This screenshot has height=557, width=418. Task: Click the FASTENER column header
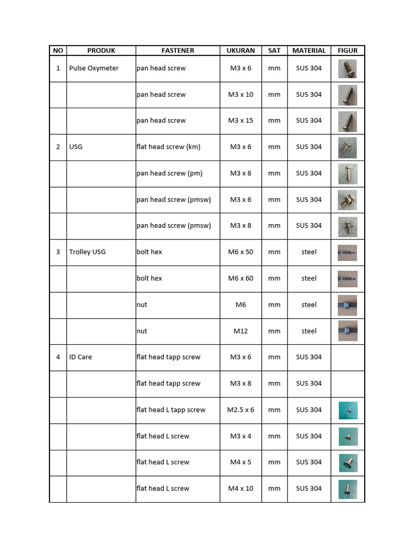[x=177, y=51]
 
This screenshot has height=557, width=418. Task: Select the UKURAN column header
[x=241, y=51]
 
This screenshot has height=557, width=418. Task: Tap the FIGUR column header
[x=348, y=51]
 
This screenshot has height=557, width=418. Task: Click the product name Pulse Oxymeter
[x=94, y=69]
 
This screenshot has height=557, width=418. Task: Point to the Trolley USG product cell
[x=87, y=252]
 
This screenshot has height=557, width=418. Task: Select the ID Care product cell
[x=81, y=357]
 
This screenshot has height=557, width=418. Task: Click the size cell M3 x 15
[x=241, y=121]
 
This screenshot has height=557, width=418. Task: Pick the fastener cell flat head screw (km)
[x=168, y=147]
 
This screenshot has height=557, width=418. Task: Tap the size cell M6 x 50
[x=241, y=252]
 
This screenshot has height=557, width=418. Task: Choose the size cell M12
[x=241, y=331]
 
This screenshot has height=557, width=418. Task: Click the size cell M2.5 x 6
[x=241, y=410]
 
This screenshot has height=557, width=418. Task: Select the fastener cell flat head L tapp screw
[x=171, y=410]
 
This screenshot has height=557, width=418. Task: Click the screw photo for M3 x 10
[x=347, y=95]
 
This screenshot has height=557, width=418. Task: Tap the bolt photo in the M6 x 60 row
[x=347, y=278]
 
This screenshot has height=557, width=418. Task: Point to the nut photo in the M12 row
[x=347, y=331]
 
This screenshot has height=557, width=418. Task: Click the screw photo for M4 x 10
[x=347, y=488]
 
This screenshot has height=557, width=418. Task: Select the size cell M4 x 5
[x=241, y=462]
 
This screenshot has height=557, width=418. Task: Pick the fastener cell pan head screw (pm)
[x=169, y=174]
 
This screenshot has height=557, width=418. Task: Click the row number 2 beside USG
[x=58, y=147]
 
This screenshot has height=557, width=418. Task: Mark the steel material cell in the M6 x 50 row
[x=309, y=252]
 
